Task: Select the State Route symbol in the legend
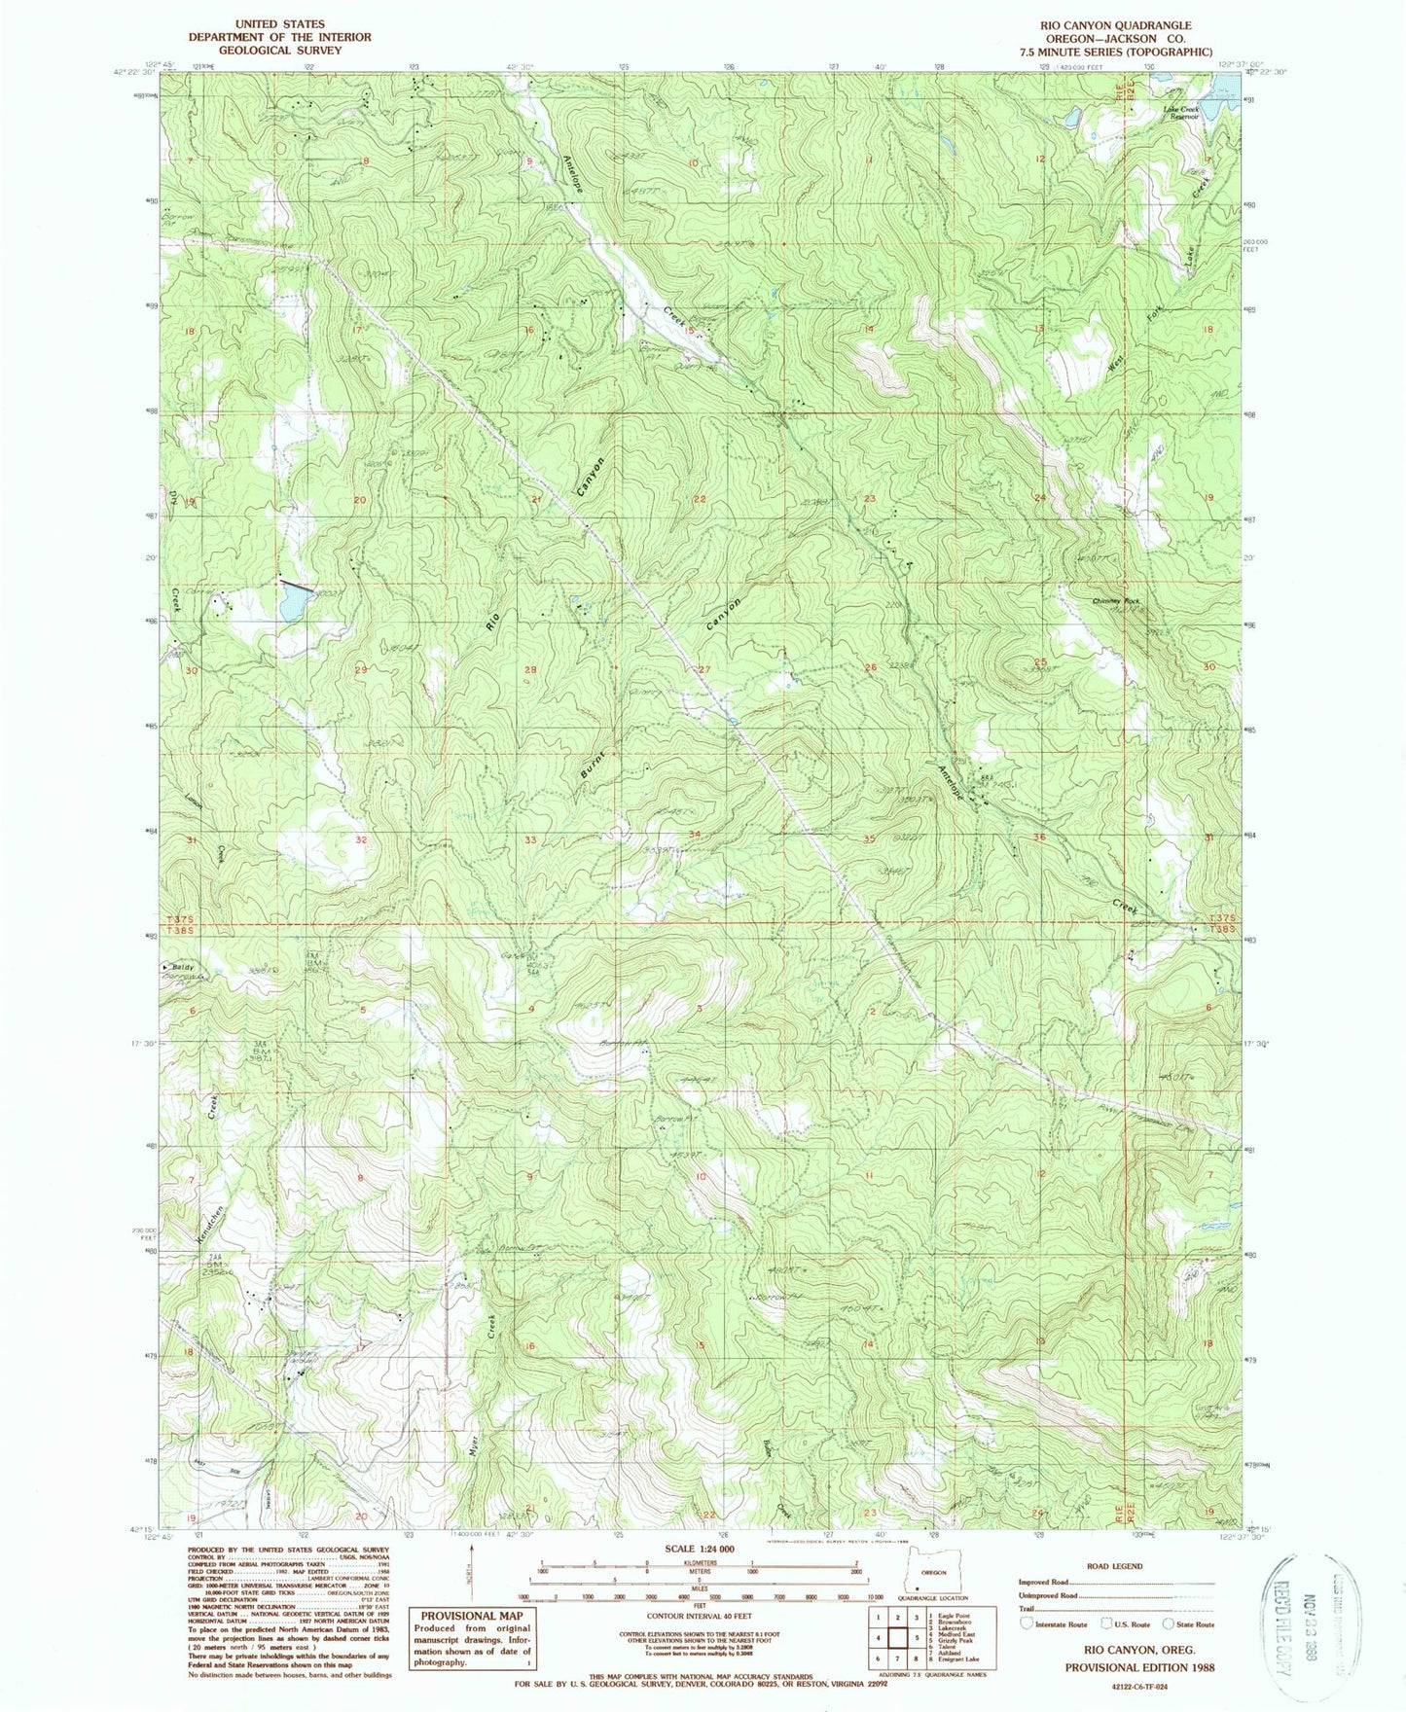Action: click(1169, 1623)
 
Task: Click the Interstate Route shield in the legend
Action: click(1027, 1623)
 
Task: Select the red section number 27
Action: click(705, 669)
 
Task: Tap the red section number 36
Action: click(1040, 838)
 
